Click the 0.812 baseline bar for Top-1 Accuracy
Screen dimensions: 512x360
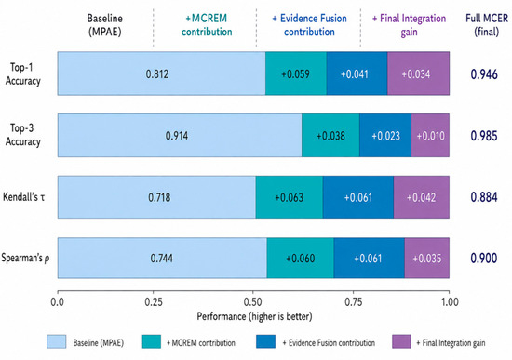[162, 73]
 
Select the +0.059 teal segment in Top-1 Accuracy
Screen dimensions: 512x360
[296, 73]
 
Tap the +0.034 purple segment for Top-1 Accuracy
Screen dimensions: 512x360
[418, 73]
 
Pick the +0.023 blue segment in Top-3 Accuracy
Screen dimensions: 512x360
[385, 136]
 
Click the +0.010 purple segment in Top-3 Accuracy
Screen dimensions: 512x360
[430, 136]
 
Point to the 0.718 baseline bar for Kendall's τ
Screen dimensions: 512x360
[156, 197]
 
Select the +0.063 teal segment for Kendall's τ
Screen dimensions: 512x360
[290, 197]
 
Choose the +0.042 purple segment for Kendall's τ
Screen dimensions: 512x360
[422, 197]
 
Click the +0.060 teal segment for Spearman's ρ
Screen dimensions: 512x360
[301, 259]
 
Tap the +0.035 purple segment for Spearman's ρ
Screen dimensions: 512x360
[427, 259]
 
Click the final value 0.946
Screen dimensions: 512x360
[484, 74]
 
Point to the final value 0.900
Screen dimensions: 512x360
[484, 259]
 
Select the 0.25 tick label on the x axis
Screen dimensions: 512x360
[154, 302]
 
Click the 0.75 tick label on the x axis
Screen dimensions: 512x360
[354, 302]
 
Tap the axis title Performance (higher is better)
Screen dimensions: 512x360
[254, 316]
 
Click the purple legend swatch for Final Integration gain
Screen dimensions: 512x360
[401, 341]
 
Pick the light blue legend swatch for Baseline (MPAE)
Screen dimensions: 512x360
[56, 341]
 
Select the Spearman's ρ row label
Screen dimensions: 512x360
[25, 258]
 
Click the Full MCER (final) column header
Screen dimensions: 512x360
[487, 25]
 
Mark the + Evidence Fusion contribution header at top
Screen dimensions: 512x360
[310, 25]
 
